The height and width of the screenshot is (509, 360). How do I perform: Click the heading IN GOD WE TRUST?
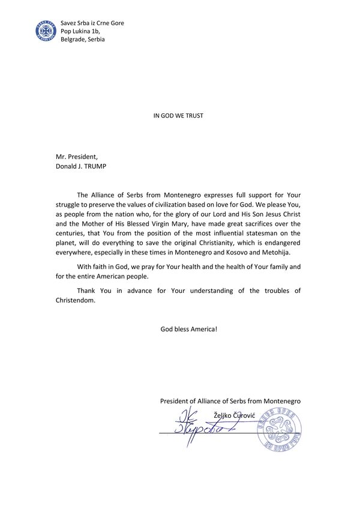point(179,115)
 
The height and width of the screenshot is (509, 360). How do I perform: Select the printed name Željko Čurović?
point(235,415)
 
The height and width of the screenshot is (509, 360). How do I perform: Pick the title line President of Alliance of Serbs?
point(230,400)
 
